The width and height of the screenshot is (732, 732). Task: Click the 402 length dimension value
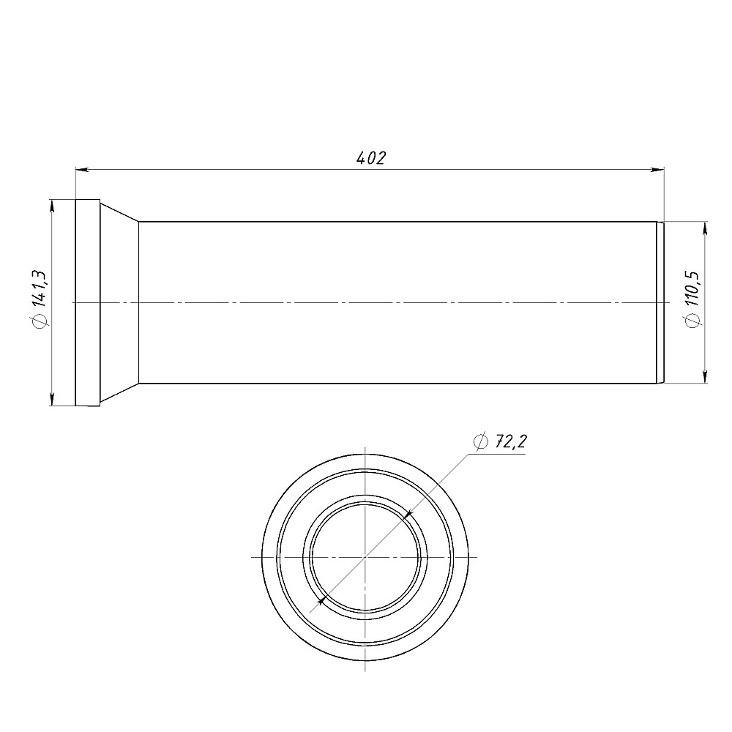click(x=371, y=158)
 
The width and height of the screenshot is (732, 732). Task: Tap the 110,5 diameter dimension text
click(x=692, y=288)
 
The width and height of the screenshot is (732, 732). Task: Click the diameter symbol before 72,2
click(x=480, y=441)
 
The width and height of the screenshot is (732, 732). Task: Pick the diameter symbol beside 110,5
click(x=693, y=321)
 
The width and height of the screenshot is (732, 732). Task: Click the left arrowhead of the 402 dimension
click(x=82, y=170)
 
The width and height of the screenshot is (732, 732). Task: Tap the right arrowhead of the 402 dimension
click(x=658, y=170)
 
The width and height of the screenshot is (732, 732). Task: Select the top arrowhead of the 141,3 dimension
click(x=51, y=206)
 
